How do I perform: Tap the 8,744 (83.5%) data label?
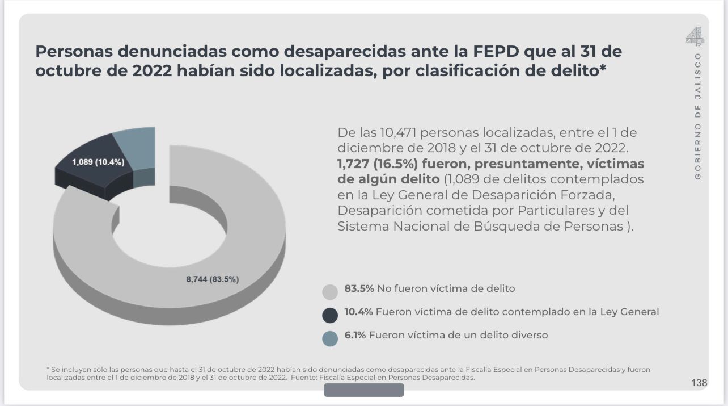tap(213, 279)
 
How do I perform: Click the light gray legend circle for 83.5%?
tap(330, 292)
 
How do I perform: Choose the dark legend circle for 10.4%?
tap(330, 315)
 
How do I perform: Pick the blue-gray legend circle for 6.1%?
tap(330, 338)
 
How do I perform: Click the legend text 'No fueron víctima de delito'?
tap(446, 288)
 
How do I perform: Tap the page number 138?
tap(699, 383)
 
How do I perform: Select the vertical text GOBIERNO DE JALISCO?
tap(698, 116)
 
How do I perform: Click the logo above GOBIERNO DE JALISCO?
tap(695, 36)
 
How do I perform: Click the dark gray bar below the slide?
tap(363, 390)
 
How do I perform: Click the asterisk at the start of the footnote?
tap(48, 369)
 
